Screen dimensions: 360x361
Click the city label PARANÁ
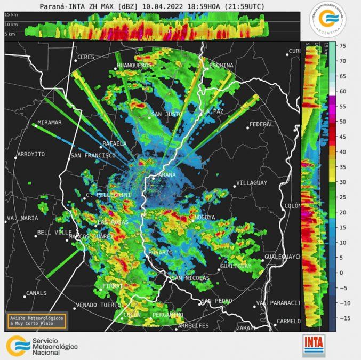165,175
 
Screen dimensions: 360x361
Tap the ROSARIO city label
161,252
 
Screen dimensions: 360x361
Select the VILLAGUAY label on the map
251,183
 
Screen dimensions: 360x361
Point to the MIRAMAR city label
50,122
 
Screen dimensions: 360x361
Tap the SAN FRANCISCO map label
93,156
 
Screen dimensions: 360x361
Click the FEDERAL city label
261,124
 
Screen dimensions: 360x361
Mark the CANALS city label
36,293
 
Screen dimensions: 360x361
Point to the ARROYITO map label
31,154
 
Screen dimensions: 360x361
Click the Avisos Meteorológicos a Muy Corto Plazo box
37,320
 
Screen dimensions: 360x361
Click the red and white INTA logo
314,345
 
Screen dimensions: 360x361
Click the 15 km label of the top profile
11,15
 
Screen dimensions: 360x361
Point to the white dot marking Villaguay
234,186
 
